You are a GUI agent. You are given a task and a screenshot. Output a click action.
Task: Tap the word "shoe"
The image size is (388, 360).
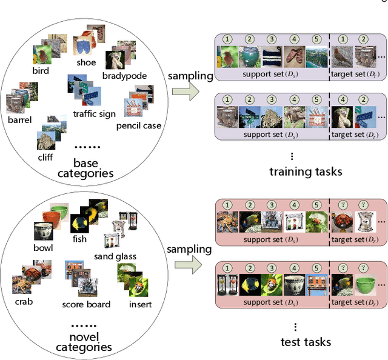86,62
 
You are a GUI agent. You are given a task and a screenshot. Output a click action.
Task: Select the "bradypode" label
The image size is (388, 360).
121,76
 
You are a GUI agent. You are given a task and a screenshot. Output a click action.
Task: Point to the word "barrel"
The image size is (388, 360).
19,120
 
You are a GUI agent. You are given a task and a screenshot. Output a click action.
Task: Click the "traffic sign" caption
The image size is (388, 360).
95,113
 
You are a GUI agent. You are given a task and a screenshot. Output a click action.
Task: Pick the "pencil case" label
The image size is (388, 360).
139,125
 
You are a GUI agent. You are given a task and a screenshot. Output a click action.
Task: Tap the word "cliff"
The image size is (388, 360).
45,157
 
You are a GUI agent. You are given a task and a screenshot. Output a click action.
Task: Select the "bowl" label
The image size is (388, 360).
43,247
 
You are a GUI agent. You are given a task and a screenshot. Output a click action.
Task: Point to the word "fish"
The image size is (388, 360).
79,239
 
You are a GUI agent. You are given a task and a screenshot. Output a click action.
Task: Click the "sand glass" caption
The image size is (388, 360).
115,256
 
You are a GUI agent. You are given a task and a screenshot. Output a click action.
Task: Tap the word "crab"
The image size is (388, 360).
23,301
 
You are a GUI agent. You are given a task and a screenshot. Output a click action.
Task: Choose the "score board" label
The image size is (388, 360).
86,304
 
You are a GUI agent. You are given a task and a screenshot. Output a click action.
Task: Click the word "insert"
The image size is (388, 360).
139,304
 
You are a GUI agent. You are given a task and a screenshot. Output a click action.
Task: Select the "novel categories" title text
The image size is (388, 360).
84,341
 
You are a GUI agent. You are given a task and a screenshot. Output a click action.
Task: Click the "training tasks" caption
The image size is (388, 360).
306,172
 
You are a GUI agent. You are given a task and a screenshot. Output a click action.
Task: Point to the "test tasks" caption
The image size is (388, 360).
306,342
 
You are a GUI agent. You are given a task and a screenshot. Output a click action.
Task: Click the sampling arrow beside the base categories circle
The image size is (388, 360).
186,90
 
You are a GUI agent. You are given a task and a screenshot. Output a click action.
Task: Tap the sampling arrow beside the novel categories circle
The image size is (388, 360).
186,263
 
